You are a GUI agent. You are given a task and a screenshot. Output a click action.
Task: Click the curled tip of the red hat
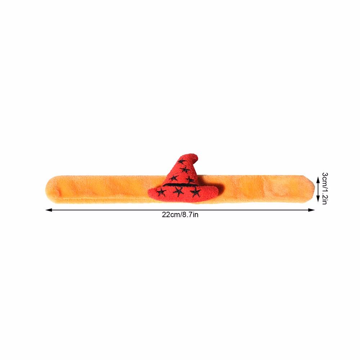click(195, 157)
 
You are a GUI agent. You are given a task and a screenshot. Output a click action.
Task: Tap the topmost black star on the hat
click(182, 161)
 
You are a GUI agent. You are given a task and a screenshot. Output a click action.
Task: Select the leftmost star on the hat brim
click(161, 192)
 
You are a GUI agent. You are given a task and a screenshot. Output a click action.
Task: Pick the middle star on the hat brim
click(179, 191)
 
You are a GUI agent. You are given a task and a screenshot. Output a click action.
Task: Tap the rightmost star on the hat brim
click(195, 192)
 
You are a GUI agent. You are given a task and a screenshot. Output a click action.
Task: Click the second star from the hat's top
click(185, 170)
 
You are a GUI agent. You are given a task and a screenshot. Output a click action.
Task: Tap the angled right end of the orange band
click(311, 189)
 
